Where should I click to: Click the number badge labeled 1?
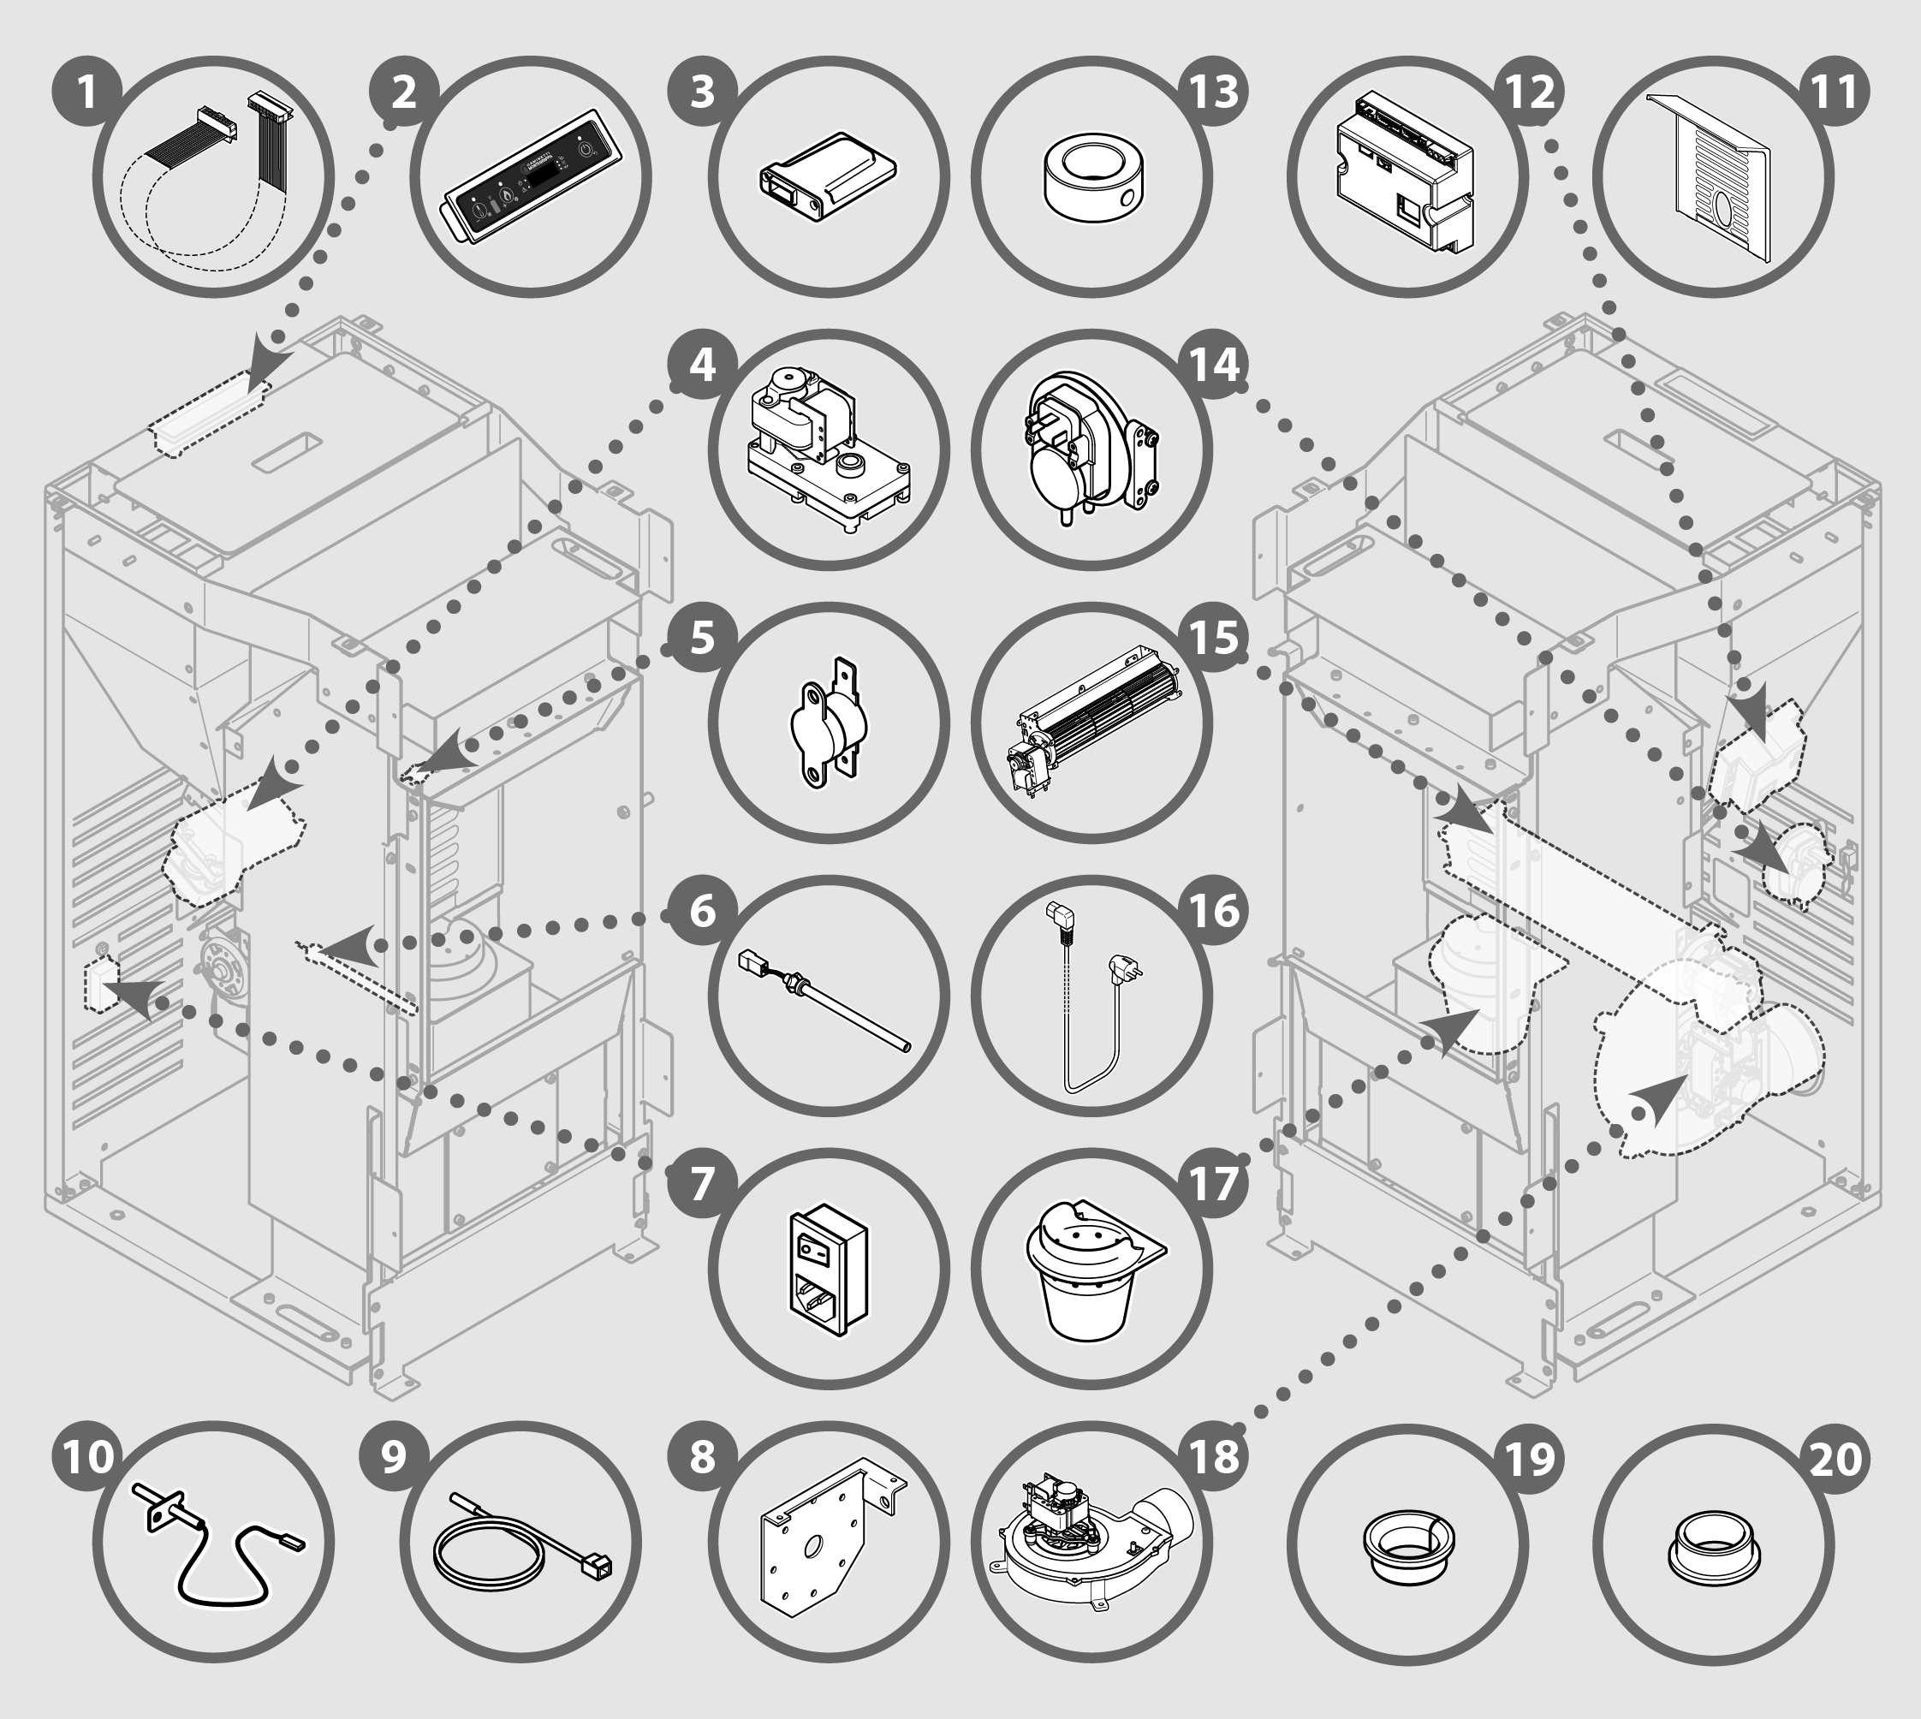[86, 92]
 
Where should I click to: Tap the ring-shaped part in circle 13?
[1091, 176]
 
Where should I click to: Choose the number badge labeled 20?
[1835, 1457]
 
